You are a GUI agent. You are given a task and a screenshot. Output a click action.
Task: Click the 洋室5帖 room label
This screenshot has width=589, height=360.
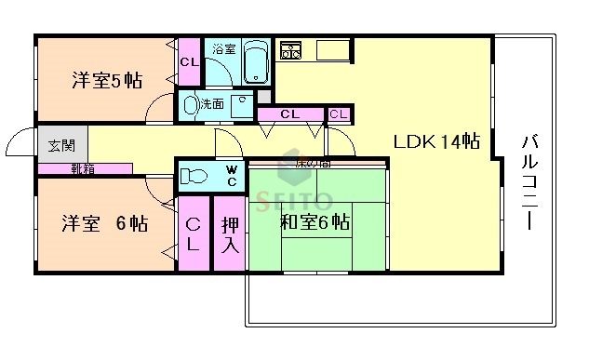107,80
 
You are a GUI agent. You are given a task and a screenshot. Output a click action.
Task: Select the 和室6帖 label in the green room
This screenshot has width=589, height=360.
315,222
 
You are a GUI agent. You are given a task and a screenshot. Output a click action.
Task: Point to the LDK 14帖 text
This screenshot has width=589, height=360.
435,141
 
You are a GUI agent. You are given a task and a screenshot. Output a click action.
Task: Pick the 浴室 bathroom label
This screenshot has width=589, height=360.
223,48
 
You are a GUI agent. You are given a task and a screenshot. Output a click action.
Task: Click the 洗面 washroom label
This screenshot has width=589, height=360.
212,103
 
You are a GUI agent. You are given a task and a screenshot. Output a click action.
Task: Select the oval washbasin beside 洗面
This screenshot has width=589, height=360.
191,104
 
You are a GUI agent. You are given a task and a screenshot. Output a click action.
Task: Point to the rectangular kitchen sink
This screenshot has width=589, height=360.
332,49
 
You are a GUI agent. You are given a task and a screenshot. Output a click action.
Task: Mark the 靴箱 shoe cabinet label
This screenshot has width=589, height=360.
82,168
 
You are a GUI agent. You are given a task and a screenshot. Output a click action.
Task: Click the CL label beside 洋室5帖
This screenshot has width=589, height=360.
189,62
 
